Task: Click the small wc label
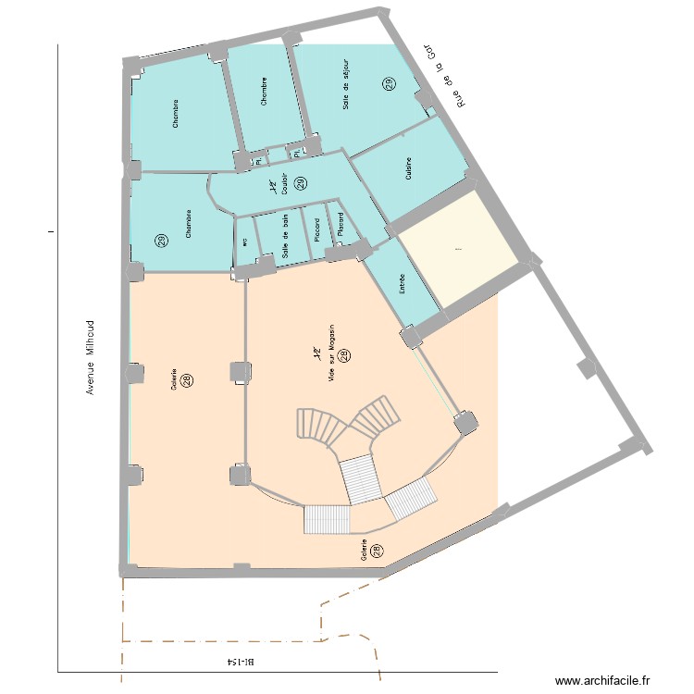(244, 242)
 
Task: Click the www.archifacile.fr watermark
(602, 679)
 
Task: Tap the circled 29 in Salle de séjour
(389, 84)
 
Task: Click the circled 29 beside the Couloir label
(300, 183)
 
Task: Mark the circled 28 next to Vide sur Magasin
(343, 355)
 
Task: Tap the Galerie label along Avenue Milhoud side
(174, 381)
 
